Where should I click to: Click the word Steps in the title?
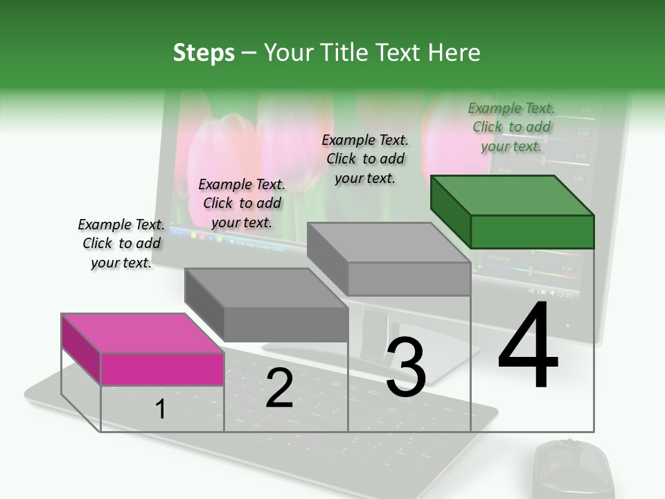point(204,53)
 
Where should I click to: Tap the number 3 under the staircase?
point(406,367)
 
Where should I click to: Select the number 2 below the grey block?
point(279,388)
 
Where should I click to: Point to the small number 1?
point(161,410)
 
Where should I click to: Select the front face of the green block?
point(532,231)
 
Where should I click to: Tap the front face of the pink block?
point(162,369)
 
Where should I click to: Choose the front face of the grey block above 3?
point(409,279)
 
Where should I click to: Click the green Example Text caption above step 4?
point(511,127)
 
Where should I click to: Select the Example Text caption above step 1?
point(121,243)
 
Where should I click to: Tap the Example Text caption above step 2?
point(242,203)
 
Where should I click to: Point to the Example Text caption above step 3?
point(365,159)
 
